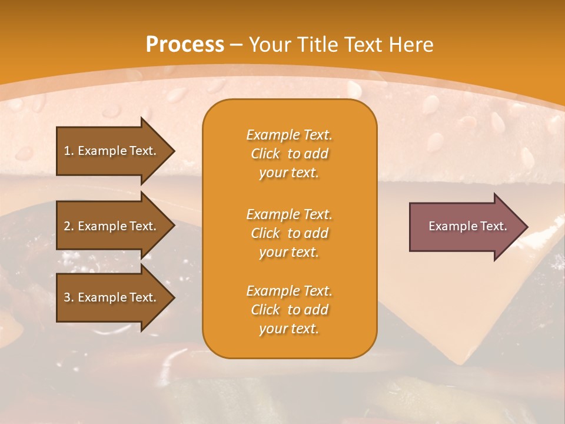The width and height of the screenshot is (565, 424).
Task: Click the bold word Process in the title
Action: tap(185, 45)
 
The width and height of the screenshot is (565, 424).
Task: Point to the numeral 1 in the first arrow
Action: tap(67, 151)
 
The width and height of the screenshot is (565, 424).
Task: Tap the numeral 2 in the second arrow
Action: tap(67, 226)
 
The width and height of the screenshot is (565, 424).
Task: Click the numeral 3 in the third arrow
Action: tap(67, 297)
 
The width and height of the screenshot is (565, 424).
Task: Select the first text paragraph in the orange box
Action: tap(289, 154)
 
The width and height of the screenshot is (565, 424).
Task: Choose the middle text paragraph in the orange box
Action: tap(289, 233)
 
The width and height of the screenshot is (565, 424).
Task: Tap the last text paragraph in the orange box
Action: tap(289, 310)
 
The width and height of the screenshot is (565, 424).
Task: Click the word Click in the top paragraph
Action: tap(265, 154)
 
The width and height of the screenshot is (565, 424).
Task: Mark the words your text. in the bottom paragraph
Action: tap(289, 329)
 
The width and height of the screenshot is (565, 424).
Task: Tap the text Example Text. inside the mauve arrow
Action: tap(467, 226)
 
